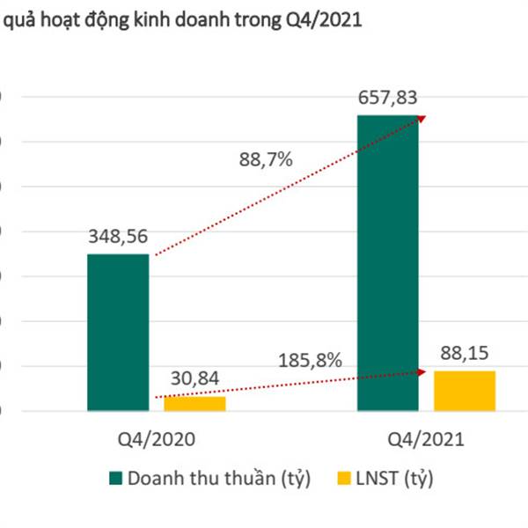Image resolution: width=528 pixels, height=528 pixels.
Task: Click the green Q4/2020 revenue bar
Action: point(118,332)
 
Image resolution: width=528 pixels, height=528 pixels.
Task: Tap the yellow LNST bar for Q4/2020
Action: point(194,403)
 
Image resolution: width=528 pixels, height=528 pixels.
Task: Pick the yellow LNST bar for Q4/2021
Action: point(464,390)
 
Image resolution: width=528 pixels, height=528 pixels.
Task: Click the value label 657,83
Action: point(388,96)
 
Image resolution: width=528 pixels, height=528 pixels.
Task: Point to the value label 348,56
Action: point(119,236)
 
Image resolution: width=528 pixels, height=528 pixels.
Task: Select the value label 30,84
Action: point(194,378)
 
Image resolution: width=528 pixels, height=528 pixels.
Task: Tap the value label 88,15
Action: point(464,352)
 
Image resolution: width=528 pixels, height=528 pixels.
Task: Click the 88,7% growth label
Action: point(265,160)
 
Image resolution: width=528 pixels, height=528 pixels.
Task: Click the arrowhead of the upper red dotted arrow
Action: point(421,118)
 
